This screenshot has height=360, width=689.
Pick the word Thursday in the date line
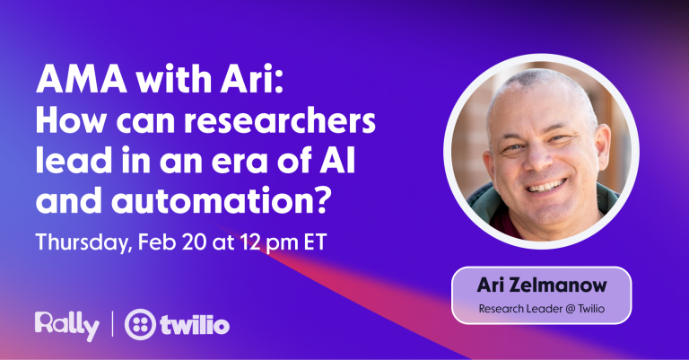pos(83,242)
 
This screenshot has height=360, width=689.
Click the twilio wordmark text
pos(198,325)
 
